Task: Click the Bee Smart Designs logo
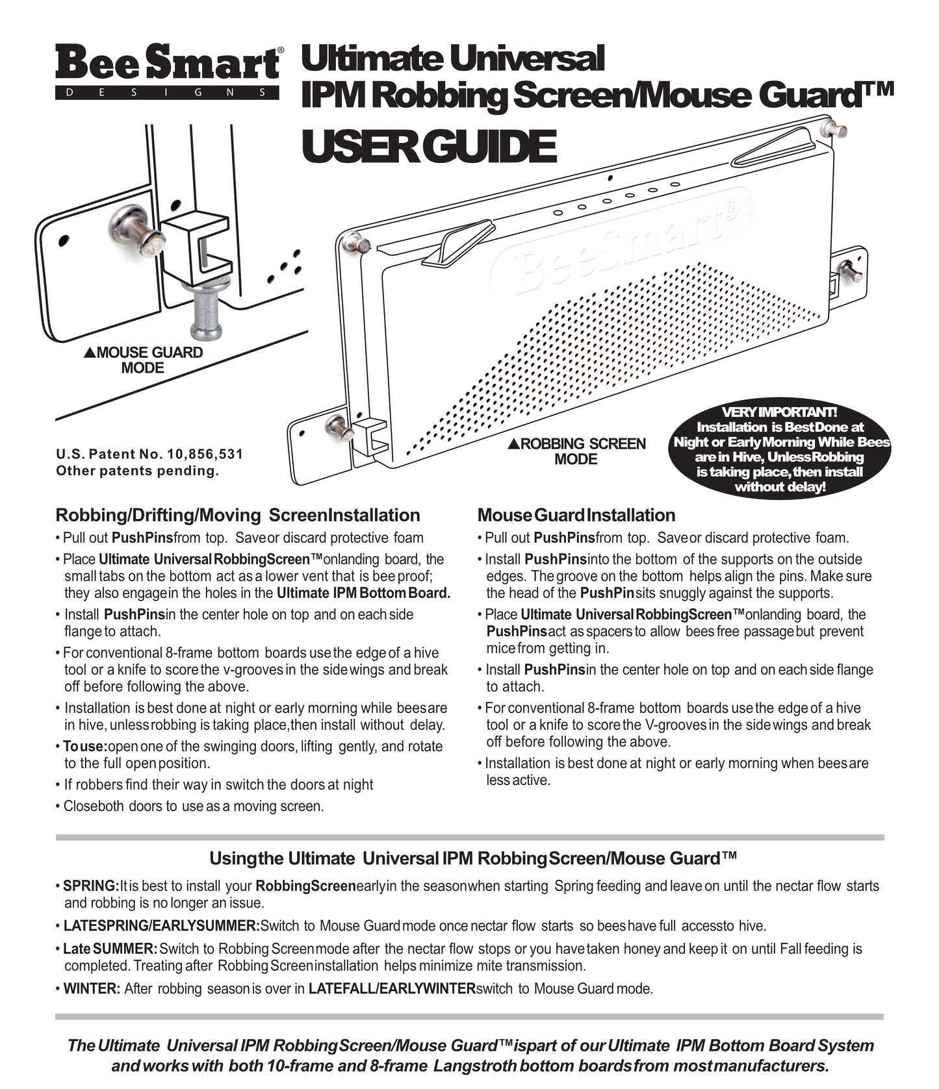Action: click(x=168, y=71)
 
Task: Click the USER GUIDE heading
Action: click(x=429, y=147)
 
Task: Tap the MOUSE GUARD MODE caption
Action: click(x=144, y=360)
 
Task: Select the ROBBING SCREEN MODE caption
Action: click(x=577, y=451)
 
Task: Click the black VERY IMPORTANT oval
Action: click(x=780, y=449)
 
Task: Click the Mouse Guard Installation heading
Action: click(x=576, y=515)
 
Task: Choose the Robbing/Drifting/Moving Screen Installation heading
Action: click(x=238, y=515)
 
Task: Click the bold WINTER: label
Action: click(x=92, y=989)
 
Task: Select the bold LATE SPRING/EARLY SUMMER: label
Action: click(x=161, y=926)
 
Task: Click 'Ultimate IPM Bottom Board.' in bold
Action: click(x=363, y=593)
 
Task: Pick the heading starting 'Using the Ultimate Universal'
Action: click(x=473, y=858)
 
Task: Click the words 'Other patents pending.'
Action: click(x=138, y=471)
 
